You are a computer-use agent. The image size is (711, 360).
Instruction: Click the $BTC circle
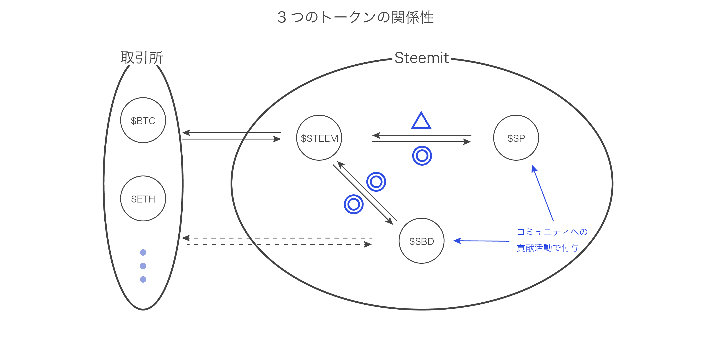(x=143, y=120)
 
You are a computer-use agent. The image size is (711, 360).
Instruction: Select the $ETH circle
(x=143, y=198)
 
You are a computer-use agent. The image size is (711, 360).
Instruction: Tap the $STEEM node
(x=319, y=138)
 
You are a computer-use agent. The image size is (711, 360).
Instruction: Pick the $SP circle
(x=516, y=138)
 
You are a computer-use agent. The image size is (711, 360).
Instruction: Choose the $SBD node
(x=422, y=241)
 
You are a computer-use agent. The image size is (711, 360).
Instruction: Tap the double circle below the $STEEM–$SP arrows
(x=422, y=156)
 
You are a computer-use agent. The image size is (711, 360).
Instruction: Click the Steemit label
(x=422, y=58)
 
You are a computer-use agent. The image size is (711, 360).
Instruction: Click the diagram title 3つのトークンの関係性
(x=355, y=17)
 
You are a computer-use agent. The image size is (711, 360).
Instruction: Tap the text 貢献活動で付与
(x=548, y=248)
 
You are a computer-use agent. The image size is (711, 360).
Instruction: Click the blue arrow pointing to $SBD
(x=481, y=241)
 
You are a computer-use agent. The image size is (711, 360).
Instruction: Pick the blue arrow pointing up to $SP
(x=543, y=193)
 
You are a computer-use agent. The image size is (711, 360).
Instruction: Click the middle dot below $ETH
(x=143, y=266)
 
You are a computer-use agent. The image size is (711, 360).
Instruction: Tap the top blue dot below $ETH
(x=143, y=252)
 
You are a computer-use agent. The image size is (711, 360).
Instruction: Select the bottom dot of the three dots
(x=143, y=279)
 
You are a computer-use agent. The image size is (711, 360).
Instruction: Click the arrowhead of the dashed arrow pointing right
(x=368, y=244)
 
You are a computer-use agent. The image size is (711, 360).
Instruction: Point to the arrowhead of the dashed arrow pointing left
(x=186, y=238)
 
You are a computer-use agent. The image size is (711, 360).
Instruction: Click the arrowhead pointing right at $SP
(x=467, y=142)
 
